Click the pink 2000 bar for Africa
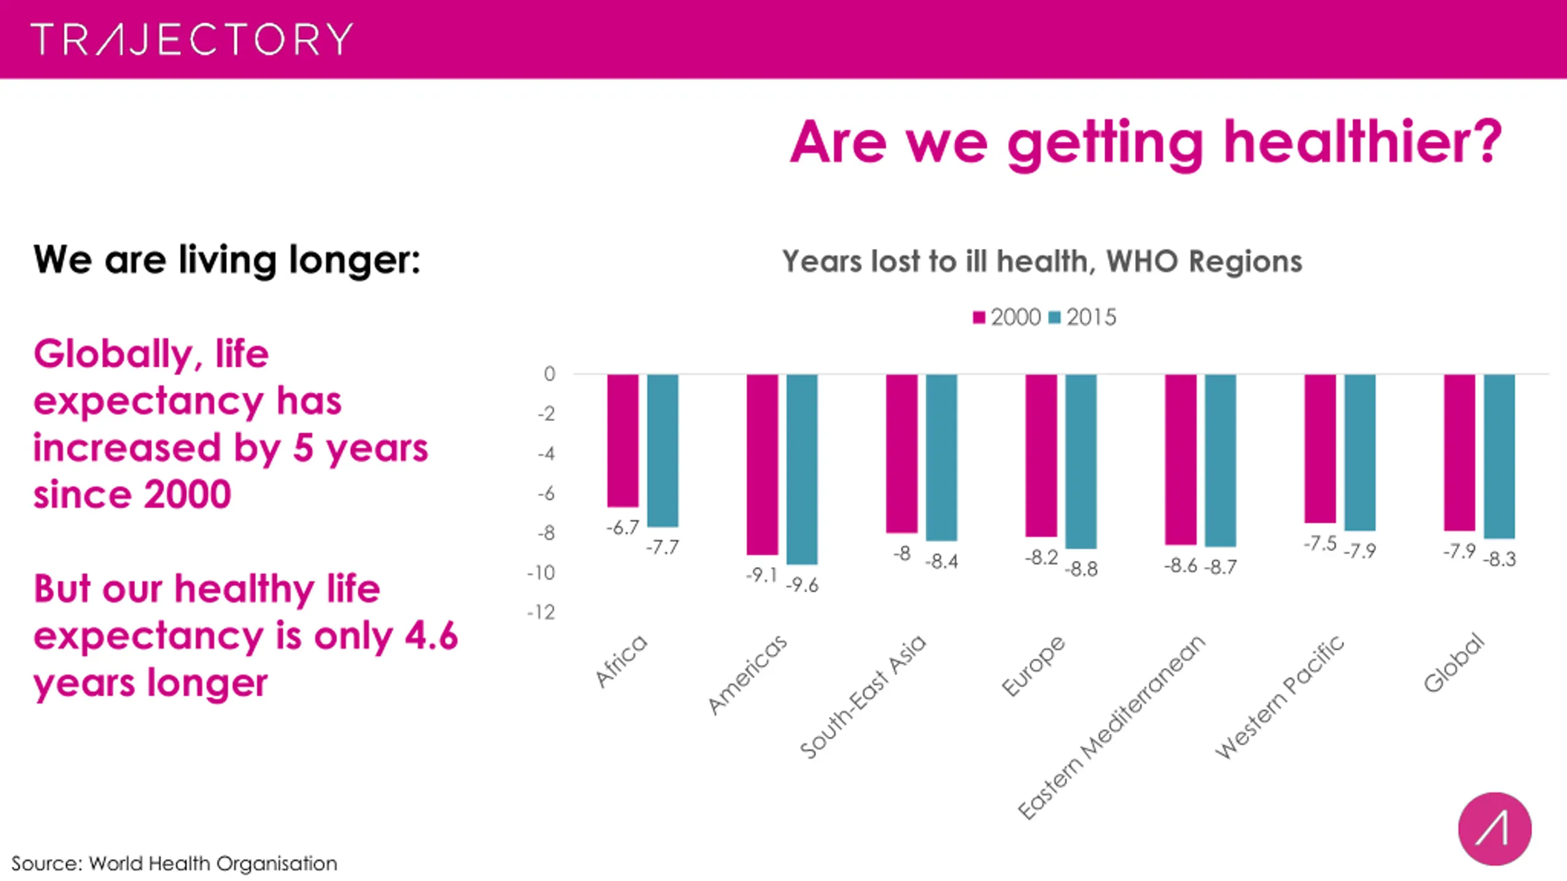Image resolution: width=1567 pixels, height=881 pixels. tap(623, 441)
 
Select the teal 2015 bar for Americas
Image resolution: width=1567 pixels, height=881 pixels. tap(802, 469)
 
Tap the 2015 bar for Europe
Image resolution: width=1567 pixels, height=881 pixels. tap(1081, 461)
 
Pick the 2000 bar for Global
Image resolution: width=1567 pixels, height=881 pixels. tap(1459, 453)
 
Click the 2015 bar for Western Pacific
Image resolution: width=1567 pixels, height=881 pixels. tap(1360, 453)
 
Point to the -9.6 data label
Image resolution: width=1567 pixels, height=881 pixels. tap(802, 585)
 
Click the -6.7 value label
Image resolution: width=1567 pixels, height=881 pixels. tap(623, 527)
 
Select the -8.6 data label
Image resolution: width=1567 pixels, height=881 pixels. tap(1180, 566)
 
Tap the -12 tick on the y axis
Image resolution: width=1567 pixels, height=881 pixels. tap(541, 612)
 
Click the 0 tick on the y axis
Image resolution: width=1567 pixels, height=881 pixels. tap(550, 374)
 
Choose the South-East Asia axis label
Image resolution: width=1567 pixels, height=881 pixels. tap(863, 697)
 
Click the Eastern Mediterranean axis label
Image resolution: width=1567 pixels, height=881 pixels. tap(1111, 728)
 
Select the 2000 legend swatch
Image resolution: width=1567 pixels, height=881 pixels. tap(979, 318)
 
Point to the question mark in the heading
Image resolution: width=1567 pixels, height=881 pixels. tap(1485, 142)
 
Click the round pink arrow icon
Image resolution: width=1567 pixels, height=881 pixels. tap(1495, 829)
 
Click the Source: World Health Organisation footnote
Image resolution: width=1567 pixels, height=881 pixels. tap(174, 863)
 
